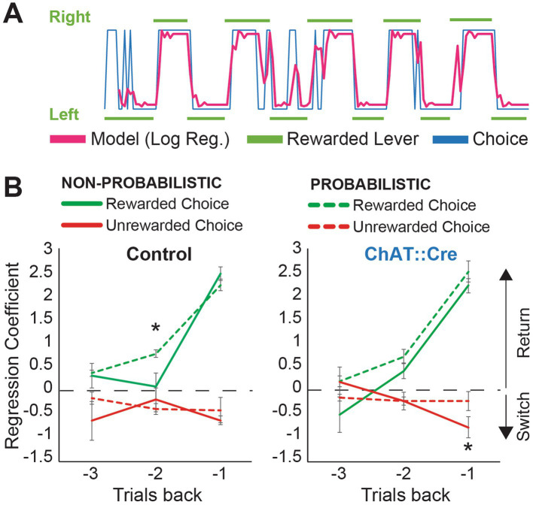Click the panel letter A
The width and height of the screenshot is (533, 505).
pyautogui.click(x=13, y=15)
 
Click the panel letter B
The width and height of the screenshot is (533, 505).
pyautogui.click(x=13, y=188)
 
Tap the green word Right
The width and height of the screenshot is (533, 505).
pyautogui.click(x=70, y=17)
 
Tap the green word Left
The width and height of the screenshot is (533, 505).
pyautogui.click(x=64, y=114)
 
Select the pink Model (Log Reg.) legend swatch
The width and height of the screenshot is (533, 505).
pyautogui.click(x=68, y=139)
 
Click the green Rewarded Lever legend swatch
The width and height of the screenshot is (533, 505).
pyautogui.click(x=265, y=139)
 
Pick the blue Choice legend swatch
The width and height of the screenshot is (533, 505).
pyautogui.click(x=450, y=139)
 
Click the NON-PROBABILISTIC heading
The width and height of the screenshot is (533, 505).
pyautogui.click(x=142, y=183)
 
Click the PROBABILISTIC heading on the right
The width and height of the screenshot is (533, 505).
pyautogui.click(x=370, y=184)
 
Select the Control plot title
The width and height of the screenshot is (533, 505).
pyautogui.click(x=159, y=254)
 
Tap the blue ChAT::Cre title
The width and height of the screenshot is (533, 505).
pyautogui.click(x=411, y=254)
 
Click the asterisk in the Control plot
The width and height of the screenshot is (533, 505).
pyautogui.click(x=155, y=328)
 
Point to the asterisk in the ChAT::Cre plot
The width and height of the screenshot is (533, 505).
pyautogui.click(x=468, y=447)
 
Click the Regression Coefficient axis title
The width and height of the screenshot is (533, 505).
pyautogui.click(x=12, y=355)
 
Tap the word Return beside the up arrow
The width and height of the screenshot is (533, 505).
pyautogui.click(x=523, y=333)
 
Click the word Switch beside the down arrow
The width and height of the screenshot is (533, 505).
pyautogui.click(x=523, y=416)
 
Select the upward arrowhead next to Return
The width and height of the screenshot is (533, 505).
pyautogui.click(x=506, y=274)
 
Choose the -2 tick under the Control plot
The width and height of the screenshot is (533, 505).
pyautogui.click(x=155, y=473)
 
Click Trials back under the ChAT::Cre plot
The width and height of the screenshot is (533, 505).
pyautogui.click(x=406, y=494)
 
